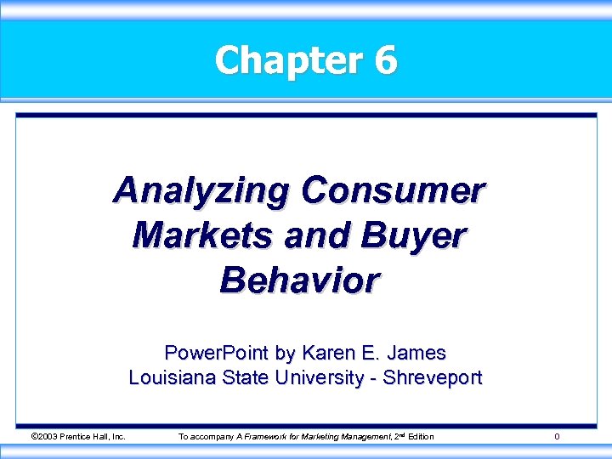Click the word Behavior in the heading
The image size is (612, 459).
tap(299, 279)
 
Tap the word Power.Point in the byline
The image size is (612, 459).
tap(203, 352)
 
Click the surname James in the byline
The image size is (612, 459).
tap(417, 352)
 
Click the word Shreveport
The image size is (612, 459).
tap(433, 377)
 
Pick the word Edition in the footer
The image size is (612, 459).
tap(419, 437)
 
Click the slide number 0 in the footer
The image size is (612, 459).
tap(557, 437)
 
